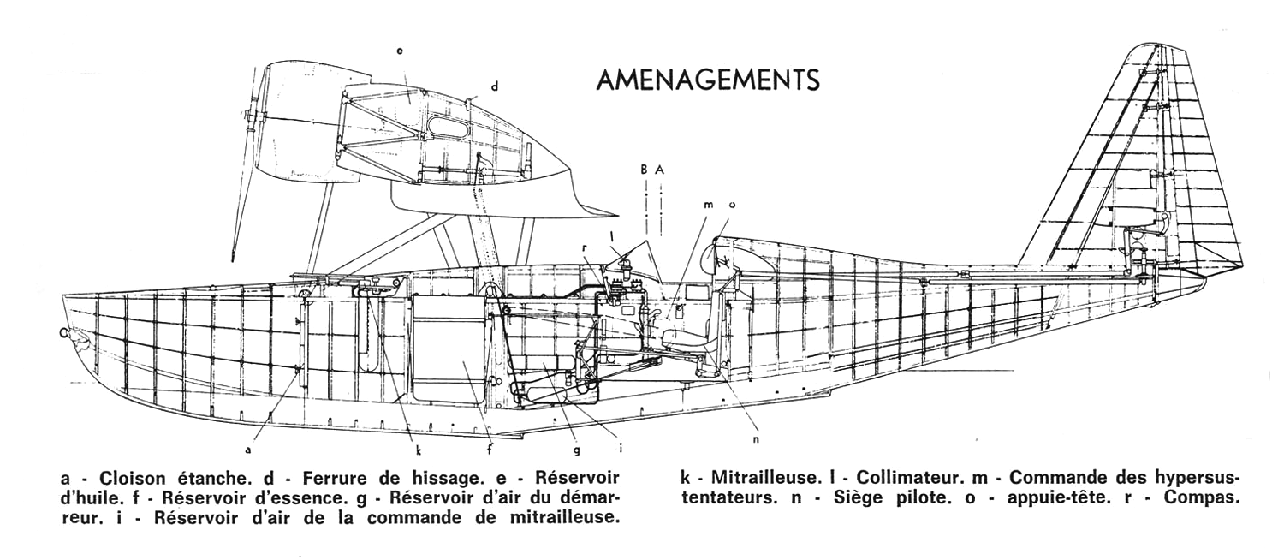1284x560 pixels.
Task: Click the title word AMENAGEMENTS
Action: [x=708, y=80]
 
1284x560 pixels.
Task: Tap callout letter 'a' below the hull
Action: [x=247, y=450]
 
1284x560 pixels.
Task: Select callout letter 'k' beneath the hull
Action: [x=419, y=450]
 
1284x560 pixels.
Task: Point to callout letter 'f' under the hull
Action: [x=490, y=450]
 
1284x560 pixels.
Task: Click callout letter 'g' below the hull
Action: [x=577, y=450]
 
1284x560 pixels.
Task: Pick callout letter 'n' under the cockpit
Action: [x=756, y=439]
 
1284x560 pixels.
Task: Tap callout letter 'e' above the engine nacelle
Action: [x=400, y=51]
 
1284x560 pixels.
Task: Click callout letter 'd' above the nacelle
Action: [x=495, y=86]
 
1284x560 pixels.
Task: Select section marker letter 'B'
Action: [x=645, y=170]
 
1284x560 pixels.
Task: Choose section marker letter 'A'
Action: [x=660, y=170]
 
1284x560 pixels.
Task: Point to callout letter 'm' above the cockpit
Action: [x=709, y=205]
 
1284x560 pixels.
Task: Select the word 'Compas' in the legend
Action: [x=1202, y=497]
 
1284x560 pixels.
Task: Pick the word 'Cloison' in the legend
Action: [x=133, y=478]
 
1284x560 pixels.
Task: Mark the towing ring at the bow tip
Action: [x=63, y=333]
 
